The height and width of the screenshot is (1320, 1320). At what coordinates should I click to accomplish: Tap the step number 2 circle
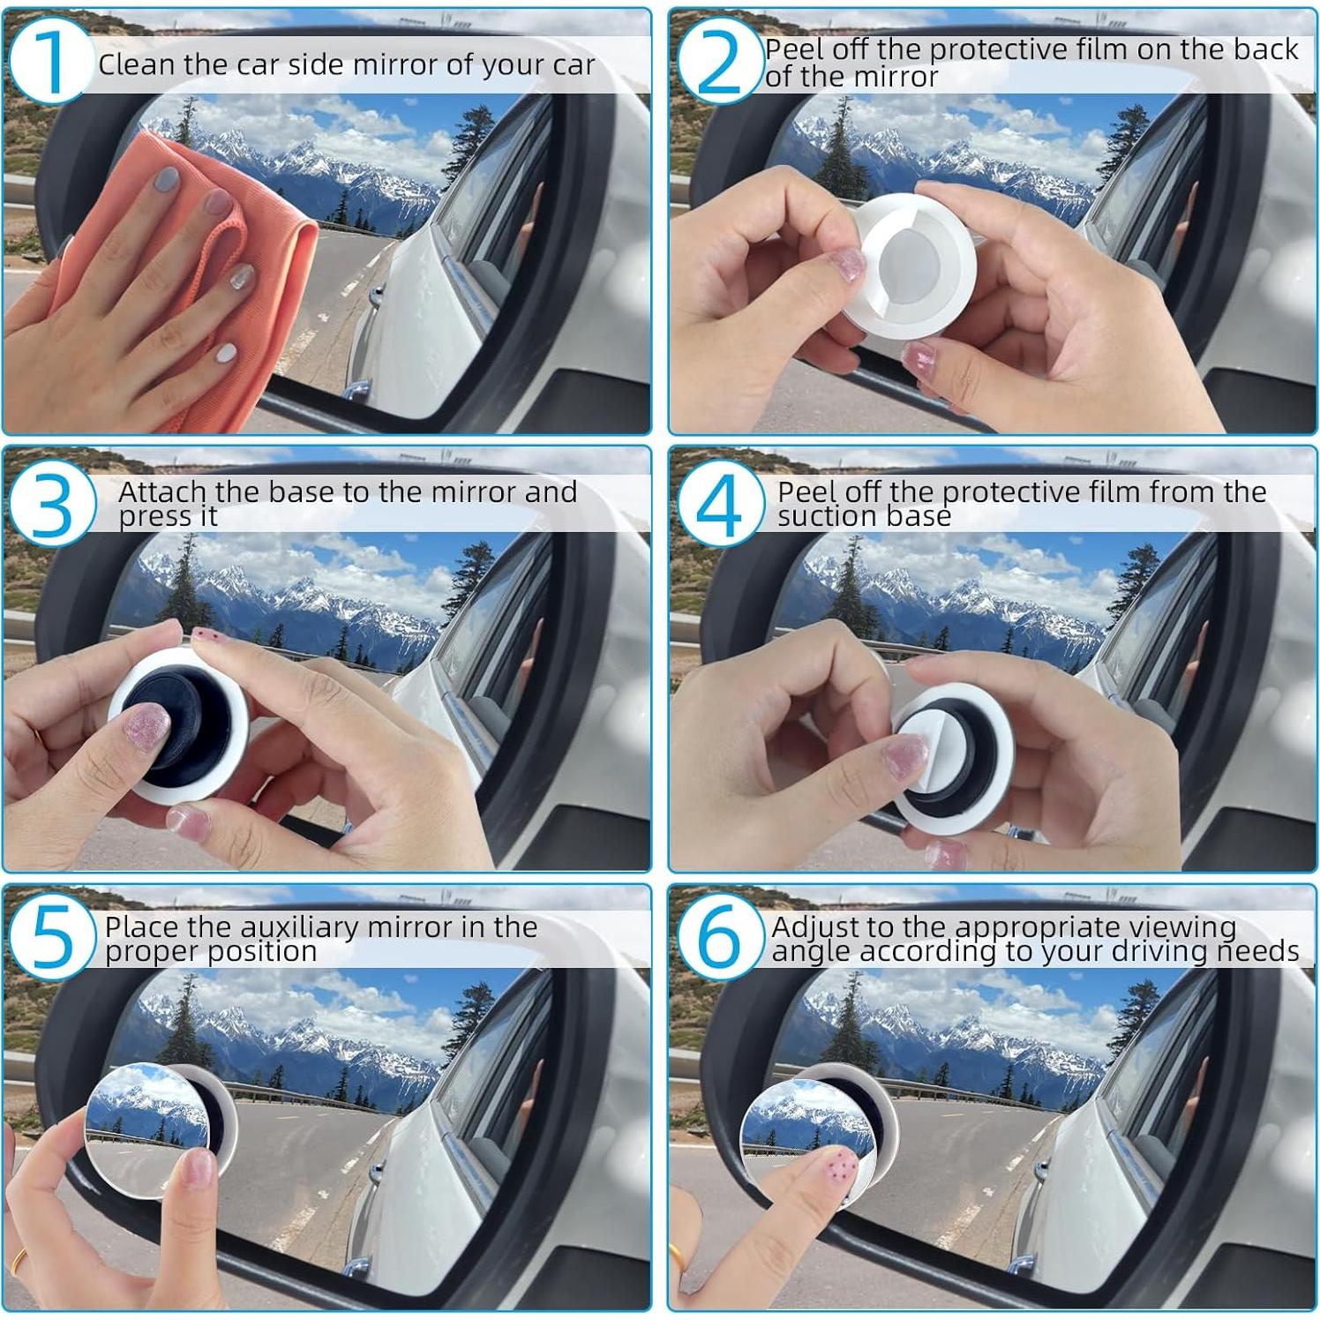click(x=717, y=60)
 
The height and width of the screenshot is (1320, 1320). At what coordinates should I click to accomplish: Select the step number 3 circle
click(x=50, y=504)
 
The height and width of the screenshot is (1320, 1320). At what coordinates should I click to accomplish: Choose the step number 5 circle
click(x=50, y=938)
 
